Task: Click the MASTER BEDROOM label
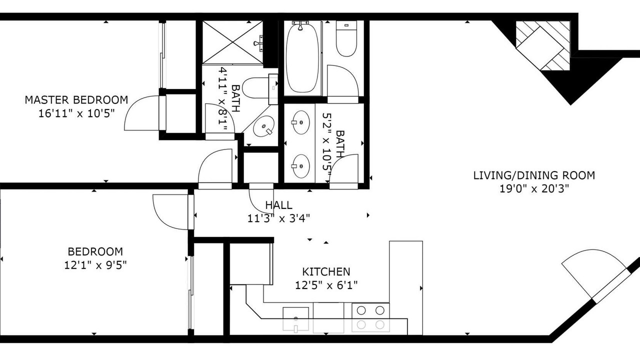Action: tap(76, 100)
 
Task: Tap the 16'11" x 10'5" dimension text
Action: tap(76, 113)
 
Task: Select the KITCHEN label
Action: tap(326, 271)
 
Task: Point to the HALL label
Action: tap(278, 205)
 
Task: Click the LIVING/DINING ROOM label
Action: tap(534, 175)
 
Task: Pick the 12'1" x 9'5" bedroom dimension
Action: tap(95, 265)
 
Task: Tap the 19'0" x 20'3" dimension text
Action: tap(534, 189)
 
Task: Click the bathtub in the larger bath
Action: tap(302, 58)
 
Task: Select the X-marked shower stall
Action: tap(232, 42)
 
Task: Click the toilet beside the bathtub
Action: tap(346, 38)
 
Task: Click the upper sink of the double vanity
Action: tap(300, 122)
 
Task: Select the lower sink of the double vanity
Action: tap(300, 166)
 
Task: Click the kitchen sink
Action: tap(295, 319)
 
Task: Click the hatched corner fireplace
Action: tap(543, 45)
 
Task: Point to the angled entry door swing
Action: tap(594, 273)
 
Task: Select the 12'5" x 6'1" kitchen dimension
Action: tap(326, 285)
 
